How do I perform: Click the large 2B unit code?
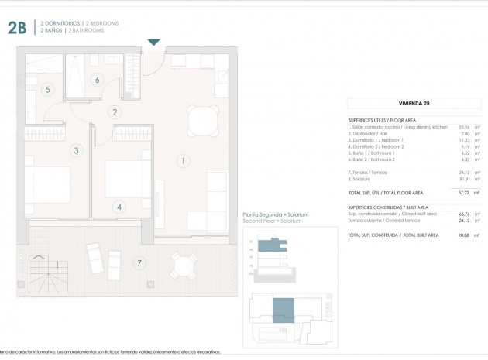pyautogui.click(x=18, y=29)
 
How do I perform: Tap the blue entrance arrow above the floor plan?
pyautogui.click(x=153, y=43)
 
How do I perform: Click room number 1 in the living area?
pyautogui.click(x=183, y=161)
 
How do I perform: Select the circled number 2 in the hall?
pyautogui.click(x=115, y=112)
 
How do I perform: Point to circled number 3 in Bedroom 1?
pyautogui.click(x=76, y=150)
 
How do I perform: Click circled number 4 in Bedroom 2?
pyautogui.click(x=119, y=207)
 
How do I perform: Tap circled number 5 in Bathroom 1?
pyautogui.click(x=48, y=90)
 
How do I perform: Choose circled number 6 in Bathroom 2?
pyautogui.click(x=98, y=79)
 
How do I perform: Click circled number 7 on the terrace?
pyautogui.click(x=139, y=263)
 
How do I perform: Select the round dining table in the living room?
pyautogui.click(x=203, y=119)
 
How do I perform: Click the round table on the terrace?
pyautogui.click(x=184, y=268)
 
